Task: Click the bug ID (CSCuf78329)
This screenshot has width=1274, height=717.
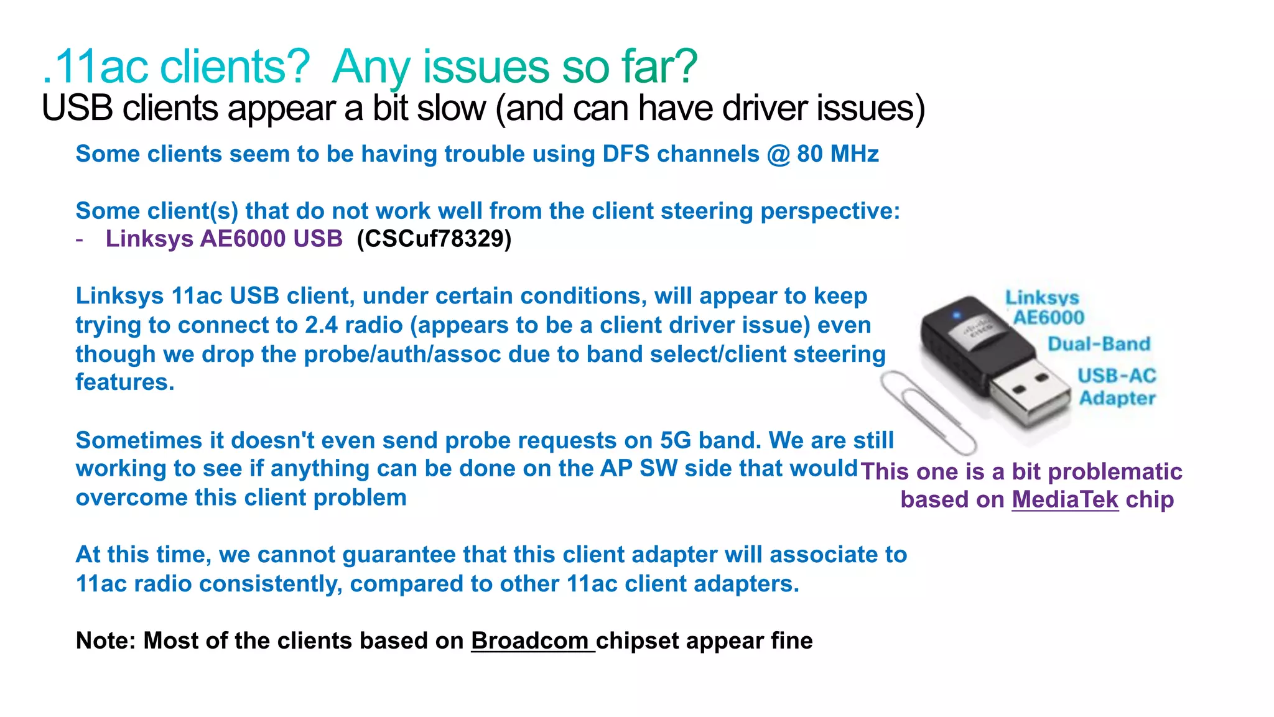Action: (x=434, y=239)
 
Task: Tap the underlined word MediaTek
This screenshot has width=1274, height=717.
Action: (x=1065, y=500)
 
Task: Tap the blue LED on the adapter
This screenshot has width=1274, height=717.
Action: (x=957, y=316)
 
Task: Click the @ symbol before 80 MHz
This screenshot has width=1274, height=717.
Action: (x=778, y=154)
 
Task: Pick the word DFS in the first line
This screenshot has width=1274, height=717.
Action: (x=626, y=154)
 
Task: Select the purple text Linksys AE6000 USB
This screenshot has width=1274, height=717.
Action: (x=224, y=239)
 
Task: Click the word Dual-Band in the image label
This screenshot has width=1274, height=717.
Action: (x=1099, y=344)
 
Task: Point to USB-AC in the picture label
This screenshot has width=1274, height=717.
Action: (x=1117, y=376)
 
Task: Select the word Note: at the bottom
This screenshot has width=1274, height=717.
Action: (x=106, y=641)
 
